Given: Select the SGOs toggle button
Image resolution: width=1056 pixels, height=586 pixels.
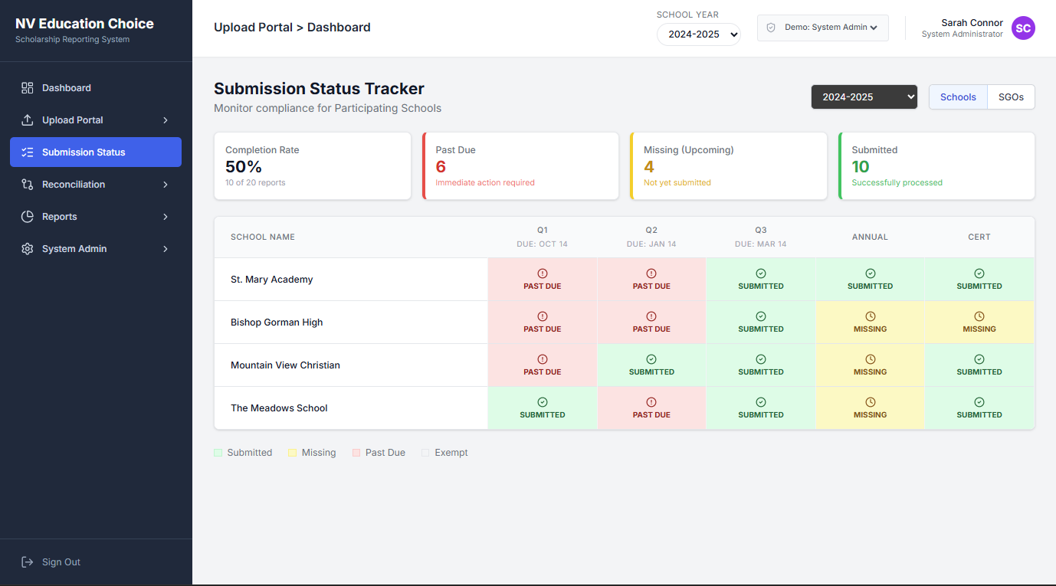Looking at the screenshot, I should tap(1011, 97).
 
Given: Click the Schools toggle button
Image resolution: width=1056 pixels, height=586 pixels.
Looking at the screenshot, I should tap(958, 97).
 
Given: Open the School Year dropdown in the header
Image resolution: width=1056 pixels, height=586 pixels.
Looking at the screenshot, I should tap(698, 34).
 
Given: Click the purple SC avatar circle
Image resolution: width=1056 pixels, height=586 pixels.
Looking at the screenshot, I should tap(1023, 28).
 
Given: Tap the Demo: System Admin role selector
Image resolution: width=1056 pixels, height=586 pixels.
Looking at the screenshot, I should tap(822, 28).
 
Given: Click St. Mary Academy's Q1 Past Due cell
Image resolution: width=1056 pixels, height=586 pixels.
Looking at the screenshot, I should tap(543, 280).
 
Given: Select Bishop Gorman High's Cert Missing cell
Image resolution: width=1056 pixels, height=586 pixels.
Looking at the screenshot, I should tap(979, 322).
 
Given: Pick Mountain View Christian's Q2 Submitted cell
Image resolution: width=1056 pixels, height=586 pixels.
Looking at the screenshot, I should tap(651, 365).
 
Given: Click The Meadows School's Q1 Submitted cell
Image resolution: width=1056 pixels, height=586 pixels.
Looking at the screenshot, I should tap(543, 408).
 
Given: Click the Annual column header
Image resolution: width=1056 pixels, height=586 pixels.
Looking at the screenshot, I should tap(870, 237).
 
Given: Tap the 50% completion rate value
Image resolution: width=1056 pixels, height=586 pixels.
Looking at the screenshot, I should tap(244, 167).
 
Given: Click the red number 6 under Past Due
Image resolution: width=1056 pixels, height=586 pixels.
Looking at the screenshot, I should tap(441, 167).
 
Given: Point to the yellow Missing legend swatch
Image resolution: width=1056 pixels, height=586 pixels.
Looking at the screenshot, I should tap(292, 453).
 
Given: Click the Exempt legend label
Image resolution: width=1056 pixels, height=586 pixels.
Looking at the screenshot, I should tap(451, 453).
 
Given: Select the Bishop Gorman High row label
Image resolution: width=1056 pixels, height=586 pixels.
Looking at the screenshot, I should tap(277, 322).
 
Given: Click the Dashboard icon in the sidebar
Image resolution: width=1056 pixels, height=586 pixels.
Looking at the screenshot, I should tap(28, 88).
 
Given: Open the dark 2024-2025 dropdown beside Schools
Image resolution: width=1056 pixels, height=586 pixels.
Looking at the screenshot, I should tap(864, 97).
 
